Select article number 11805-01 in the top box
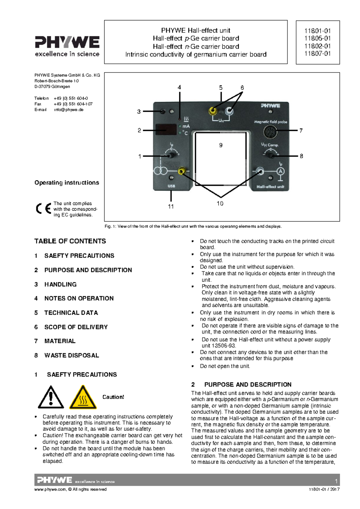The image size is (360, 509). [x=317, y=38]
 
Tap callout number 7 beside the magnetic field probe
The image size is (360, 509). [x=301, y=131]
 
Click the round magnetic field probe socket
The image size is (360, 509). [x=270, y=131]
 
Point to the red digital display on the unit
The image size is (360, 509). [x=166, y=129]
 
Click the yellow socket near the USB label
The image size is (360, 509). [x=181, y=171]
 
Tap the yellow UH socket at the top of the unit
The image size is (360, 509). [x=213, y=111]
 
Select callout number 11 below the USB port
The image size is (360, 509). [x=171, y=207]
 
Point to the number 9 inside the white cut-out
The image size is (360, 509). [x=221, y=145]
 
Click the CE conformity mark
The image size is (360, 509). [x=43, y=209]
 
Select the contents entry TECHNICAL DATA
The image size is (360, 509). [x=71, y=313]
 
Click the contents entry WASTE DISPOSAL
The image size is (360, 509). [x=71, y=355]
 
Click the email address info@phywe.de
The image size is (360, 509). [x=69, y=110]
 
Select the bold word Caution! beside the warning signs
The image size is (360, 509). [x=113, y=397]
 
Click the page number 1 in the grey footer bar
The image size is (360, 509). [x=336, y=481]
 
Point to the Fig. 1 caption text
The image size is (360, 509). [x=193, y=226]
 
